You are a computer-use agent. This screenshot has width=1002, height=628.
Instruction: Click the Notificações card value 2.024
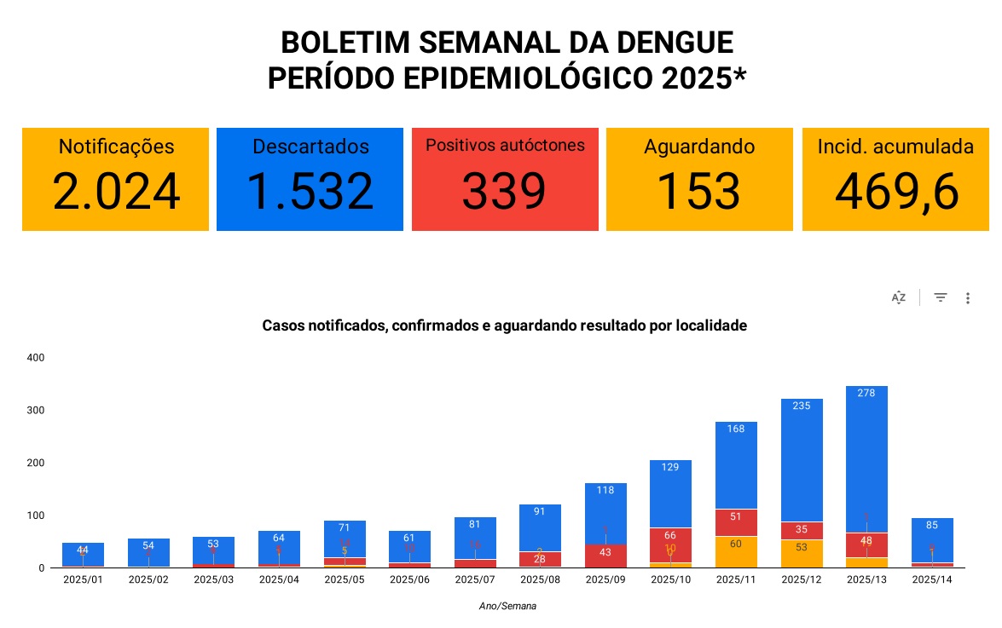(x=116, y=192)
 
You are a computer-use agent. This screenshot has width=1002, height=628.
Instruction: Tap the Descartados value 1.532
(x=310, y=192)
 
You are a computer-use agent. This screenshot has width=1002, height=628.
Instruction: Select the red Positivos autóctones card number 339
(x=504, y=192)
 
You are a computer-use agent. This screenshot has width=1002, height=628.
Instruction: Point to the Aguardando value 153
(x=698, y=192)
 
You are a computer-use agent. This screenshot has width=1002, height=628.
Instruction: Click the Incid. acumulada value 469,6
(x=896, y=192)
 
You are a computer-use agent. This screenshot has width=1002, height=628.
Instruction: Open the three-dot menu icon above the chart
(x=968, y=298)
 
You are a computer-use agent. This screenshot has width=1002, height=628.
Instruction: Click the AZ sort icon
(x=899, y=298)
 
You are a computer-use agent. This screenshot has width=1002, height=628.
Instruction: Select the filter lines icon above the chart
(x=941, y=297)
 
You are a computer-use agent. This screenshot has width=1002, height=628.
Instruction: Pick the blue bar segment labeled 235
(x=802, y=460)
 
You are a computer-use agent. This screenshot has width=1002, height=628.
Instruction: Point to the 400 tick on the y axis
(x=35, y=358)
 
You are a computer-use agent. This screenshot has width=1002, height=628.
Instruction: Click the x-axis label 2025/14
(x=931, y=580)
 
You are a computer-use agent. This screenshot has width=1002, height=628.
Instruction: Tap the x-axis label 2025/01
(x=83, y=580)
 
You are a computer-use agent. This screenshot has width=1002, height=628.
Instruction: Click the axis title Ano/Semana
(x=507, y=607)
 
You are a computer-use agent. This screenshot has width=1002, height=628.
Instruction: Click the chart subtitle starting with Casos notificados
(x=504, y=326)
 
